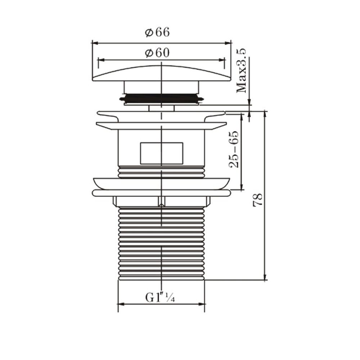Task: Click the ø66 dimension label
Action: coord(157,32)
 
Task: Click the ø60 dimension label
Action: coord(157,53)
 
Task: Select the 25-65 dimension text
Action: coord(234,150)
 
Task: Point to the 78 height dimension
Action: coord(258,199)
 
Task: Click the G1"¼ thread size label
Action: coord(160,298)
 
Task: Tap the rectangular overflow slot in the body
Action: coord(161,153)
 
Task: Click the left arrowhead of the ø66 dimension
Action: coord(95,42)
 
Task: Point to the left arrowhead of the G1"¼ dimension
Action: coord(121,305)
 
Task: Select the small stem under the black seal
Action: coord(161,108)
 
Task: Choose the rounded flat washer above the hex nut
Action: coord(161,193)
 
